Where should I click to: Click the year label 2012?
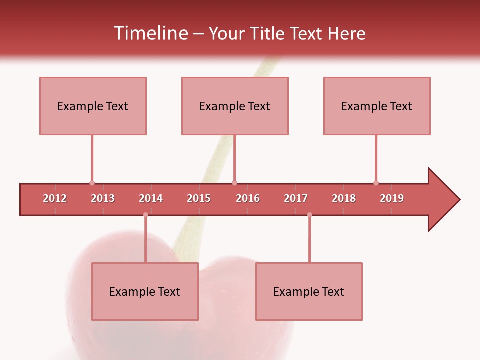tap(55, 198)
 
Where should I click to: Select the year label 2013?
tap(103, 198)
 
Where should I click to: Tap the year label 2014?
tap(151, 198)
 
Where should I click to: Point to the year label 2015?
tap(199, 198)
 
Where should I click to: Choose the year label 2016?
tap(248, 198)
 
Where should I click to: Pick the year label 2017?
tap(296, 198)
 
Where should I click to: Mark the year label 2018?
tap(344, 198)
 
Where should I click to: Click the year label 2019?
tap(392, 198)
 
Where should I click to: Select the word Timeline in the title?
tap(150, 33)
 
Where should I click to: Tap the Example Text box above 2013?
tap(93, 106)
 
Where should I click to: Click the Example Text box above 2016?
tap(235, 106)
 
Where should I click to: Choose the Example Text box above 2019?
tap(377, 106)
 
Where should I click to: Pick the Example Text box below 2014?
tap(145, 291)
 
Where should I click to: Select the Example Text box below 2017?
tap(309, 291)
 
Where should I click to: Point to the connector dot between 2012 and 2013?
tap(92, 183)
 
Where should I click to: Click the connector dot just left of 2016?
tap(234, 183)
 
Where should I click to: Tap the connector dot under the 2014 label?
tap(145, 215)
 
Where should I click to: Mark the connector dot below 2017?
tap(309, 215)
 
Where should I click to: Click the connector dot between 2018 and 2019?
tap(376, 183)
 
